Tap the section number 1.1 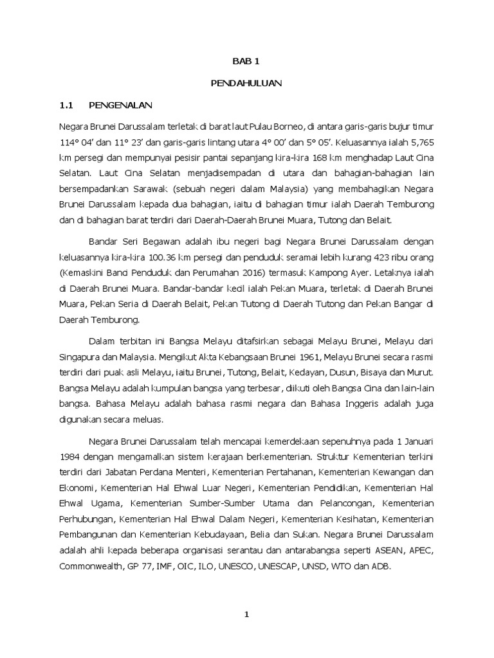[68, 105]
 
